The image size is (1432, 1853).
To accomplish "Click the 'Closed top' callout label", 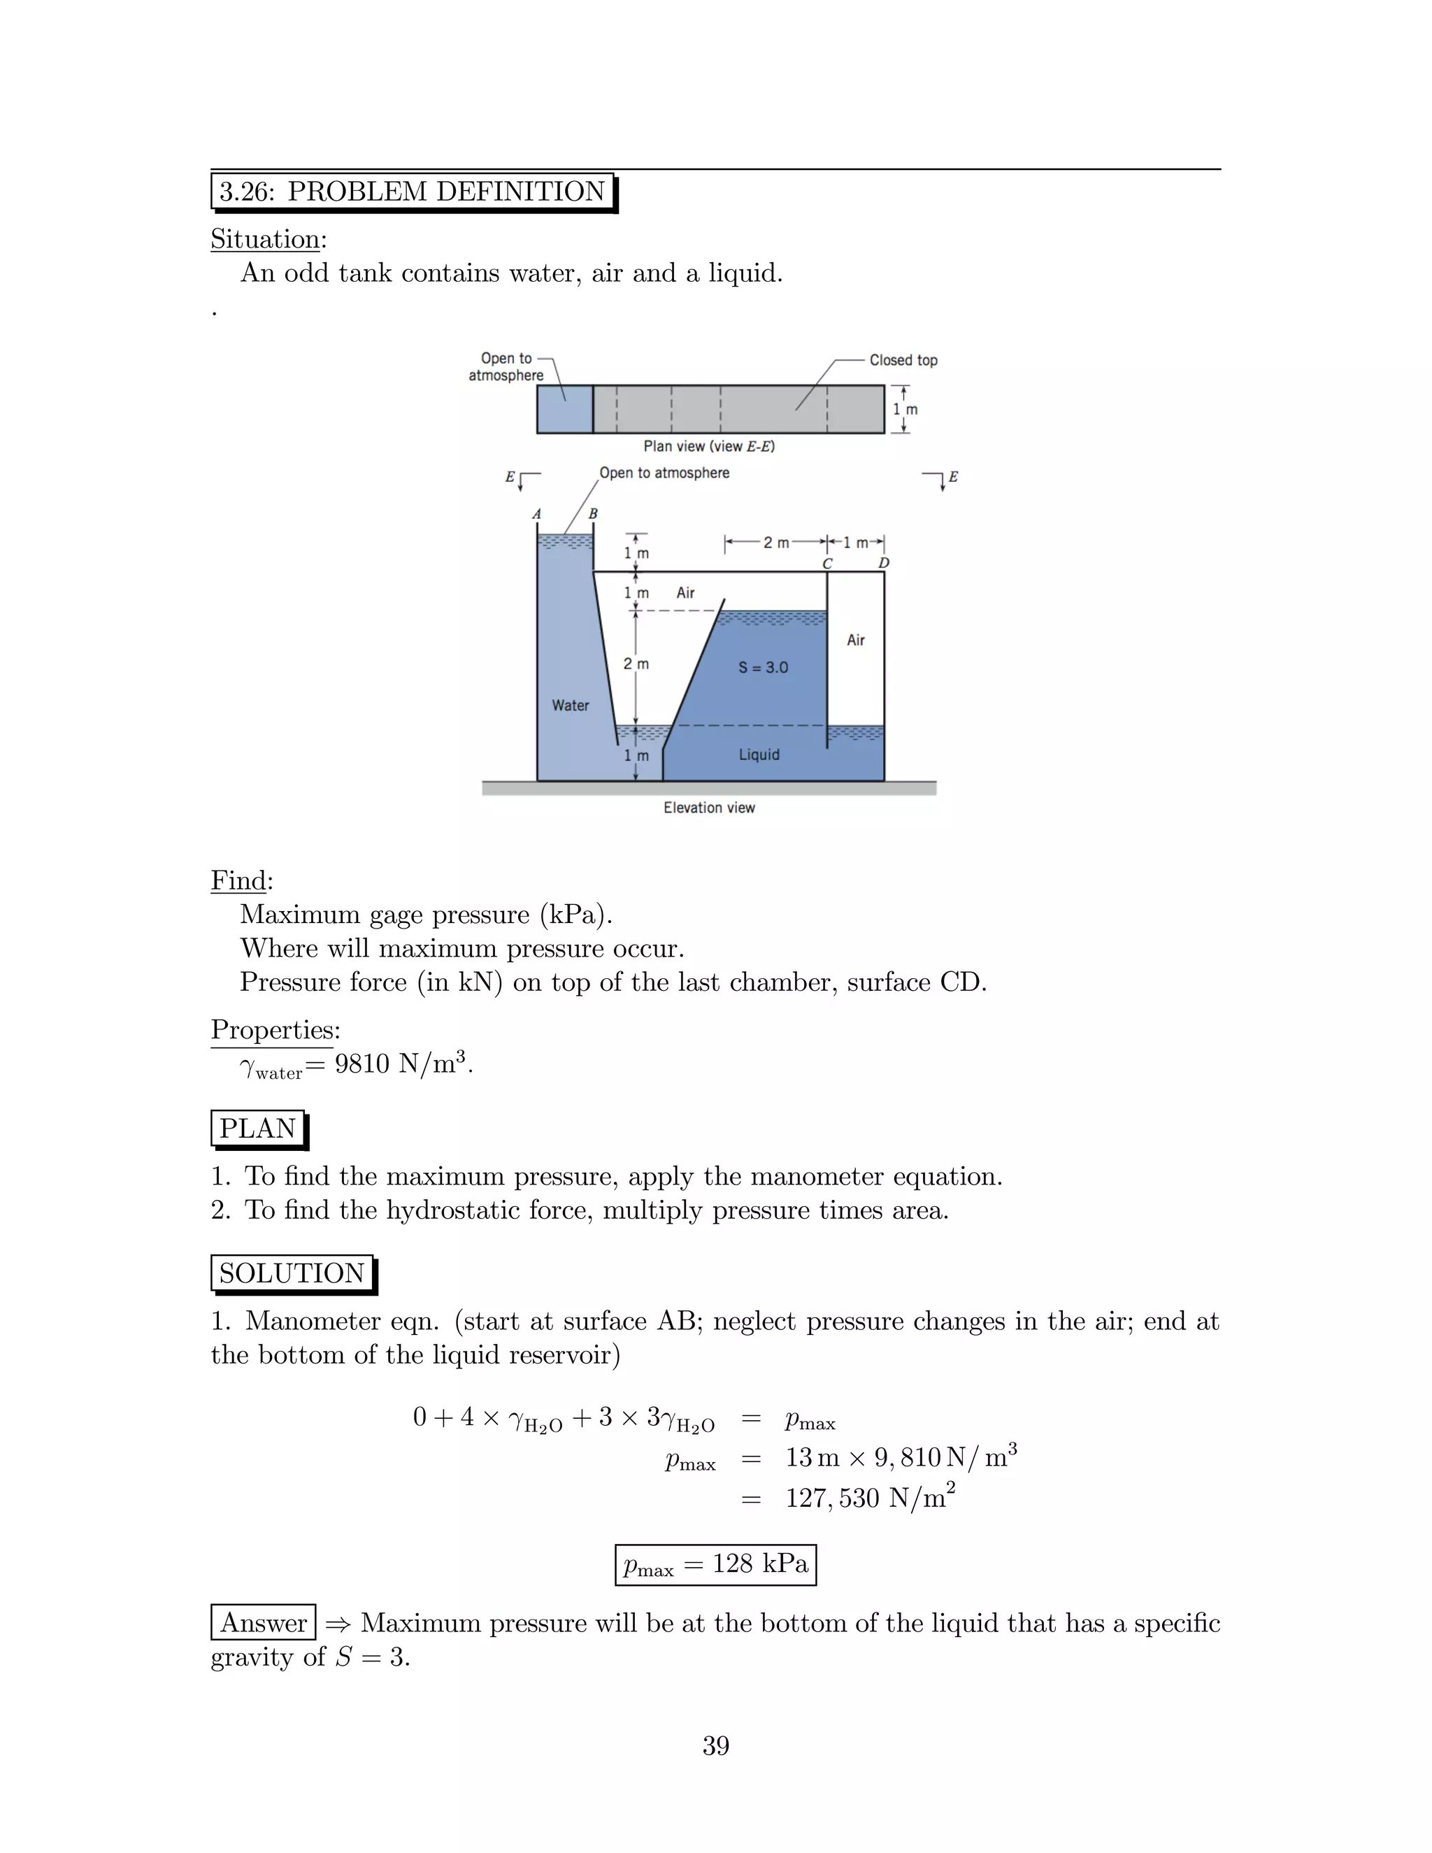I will [903, 359].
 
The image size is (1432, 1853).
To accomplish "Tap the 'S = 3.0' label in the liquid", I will [763, 667].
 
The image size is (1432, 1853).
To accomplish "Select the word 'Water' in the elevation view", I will [570, 705].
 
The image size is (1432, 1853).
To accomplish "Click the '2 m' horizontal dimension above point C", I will [775, 542].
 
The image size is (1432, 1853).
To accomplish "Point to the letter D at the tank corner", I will [883, 562].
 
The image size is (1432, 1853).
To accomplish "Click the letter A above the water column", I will [536, 514].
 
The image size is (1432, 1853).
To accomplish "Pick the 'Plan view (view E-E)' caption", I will [708, 446].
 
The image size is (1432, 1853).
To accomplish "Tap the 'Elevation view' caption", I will [708, 808].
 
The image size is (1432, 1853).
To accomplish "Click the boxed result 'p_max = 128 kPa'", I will [715, 1564].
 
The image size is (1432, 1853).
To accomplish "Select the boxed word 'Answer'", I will [263, 1622].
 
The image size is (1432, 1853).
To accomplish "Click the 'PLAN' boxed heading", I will [258, 1129].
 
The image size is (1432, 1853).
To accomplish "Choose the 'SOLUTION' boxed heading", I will [292, 1273].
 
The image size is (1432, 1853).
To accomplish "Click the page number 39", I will [715, 1745].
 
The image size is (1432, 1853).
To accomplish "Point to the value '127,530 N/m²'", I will [870, 1498].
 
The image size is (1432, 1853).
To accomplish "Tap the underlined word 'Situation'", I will [266, 239].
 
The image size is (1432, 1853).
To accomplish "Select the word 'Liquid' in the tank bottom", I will [759, 754].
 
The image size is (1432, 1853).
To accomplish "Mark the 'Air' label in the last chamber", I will [855, 640].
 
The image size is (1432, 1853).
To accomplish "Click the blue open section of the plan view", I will [564, 409].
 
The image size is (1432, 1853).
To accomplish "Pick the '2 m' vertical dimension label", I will [636, 664].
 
